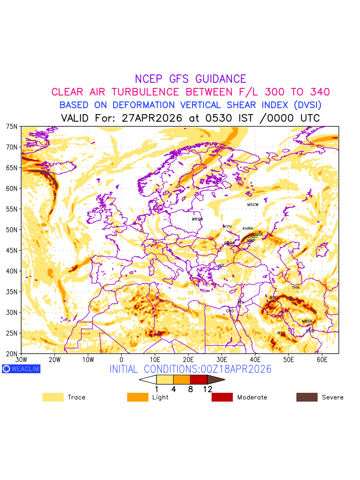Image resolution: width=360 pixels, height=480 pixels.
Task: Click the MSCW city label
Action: click(253, 205)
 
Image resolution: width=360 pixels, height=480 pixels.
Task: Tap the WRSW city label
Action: click(197, 219)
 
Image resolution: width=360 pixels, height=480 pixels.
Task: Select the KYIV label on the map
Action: click(228, 227)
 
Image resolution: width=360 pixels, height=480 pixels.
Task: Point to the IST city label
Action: click(221, 266)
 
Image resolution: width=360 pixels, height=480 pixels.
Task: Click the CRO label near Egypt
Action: click(230, 311)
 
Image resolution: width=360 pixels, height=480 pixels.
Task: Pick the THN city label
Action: click(296, 288)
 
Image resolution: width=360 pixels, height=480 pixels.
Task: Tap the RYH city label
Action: click(282, 333)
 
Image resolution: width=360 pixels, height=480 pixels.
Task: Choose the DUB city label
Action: click(310, 331)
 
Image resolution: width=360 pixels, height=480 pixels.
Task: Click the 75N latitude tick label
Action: click(12, 126)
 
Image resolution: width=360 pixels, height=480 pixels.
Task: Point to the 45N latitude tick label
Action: click(12, 250)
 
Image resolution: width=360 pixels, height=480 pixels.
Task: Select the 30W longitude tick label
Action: click(21, 360)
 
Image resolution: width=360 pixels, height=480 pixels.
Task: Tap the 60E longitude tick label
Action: click(322, 360)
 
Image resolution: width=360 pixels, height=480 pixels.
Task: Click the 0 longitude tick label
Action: click(122, 360)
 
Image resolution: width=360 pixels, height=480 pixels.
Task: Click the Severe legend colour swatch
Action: click(307, 397)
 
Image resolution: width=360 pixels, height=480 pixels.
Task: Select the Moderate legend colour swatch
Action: click(222, 397)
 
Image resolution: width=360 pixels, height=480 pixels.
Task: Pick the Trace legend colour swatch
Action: click(53, 397)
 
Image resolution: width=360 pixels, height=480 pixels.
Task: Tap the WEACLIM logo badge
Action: click(21, 369)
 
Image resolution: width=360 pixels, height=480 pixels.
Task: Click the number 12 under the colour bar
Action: click(207, 389)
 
